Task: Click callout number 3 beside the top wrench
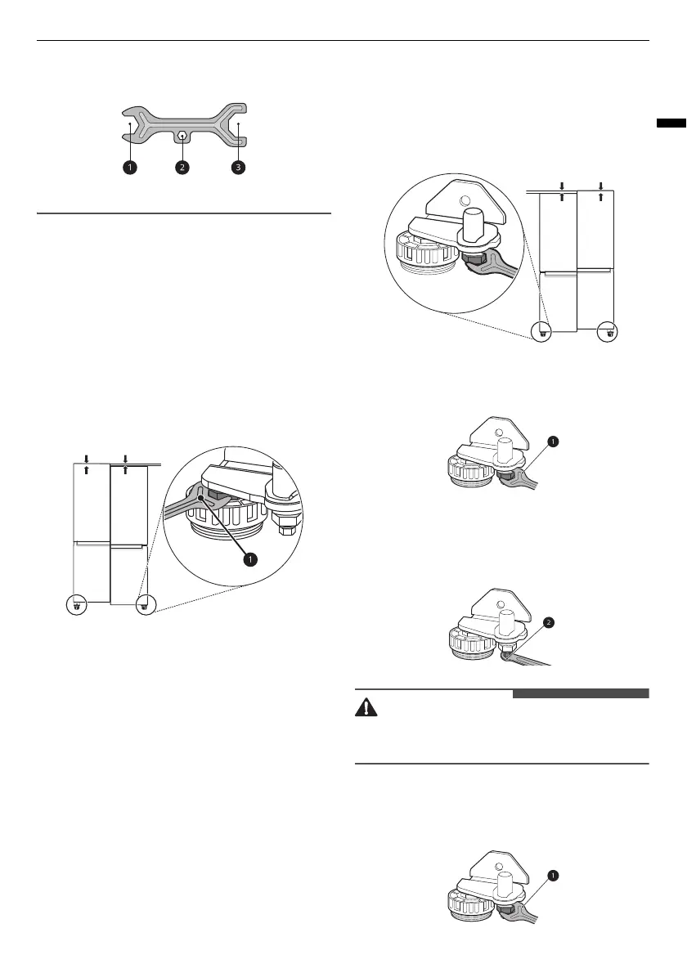click(x=238, y=168)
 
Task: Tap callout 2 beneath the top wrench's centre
click(x=182, y=168)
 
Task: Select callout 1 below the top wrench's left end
click(x=130, y=168)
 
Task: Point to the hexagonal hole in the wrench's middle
click(x=182, y=137)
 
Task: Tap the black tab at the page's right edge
click(x=671, y=123)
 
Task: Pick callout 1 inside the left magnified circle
click(x=251, y=559)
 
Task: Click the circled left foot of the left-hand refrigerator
click(x=76, y=606)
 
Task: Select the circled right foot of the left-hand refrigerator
click(x=144, y=606)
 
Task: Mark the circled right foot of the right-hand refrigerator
click(x=608, y=332)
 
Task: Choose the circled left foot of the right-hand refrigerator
click(x=541, y=332)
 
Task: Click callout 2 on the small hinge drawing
click(x=549, y=622)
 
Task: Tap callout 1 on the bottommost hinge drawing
click(x=553, y=875)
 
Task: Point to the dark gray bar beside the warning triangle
click(x=581, y=694)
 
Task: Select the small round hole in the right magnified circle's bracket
click(x=465, y=200)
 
